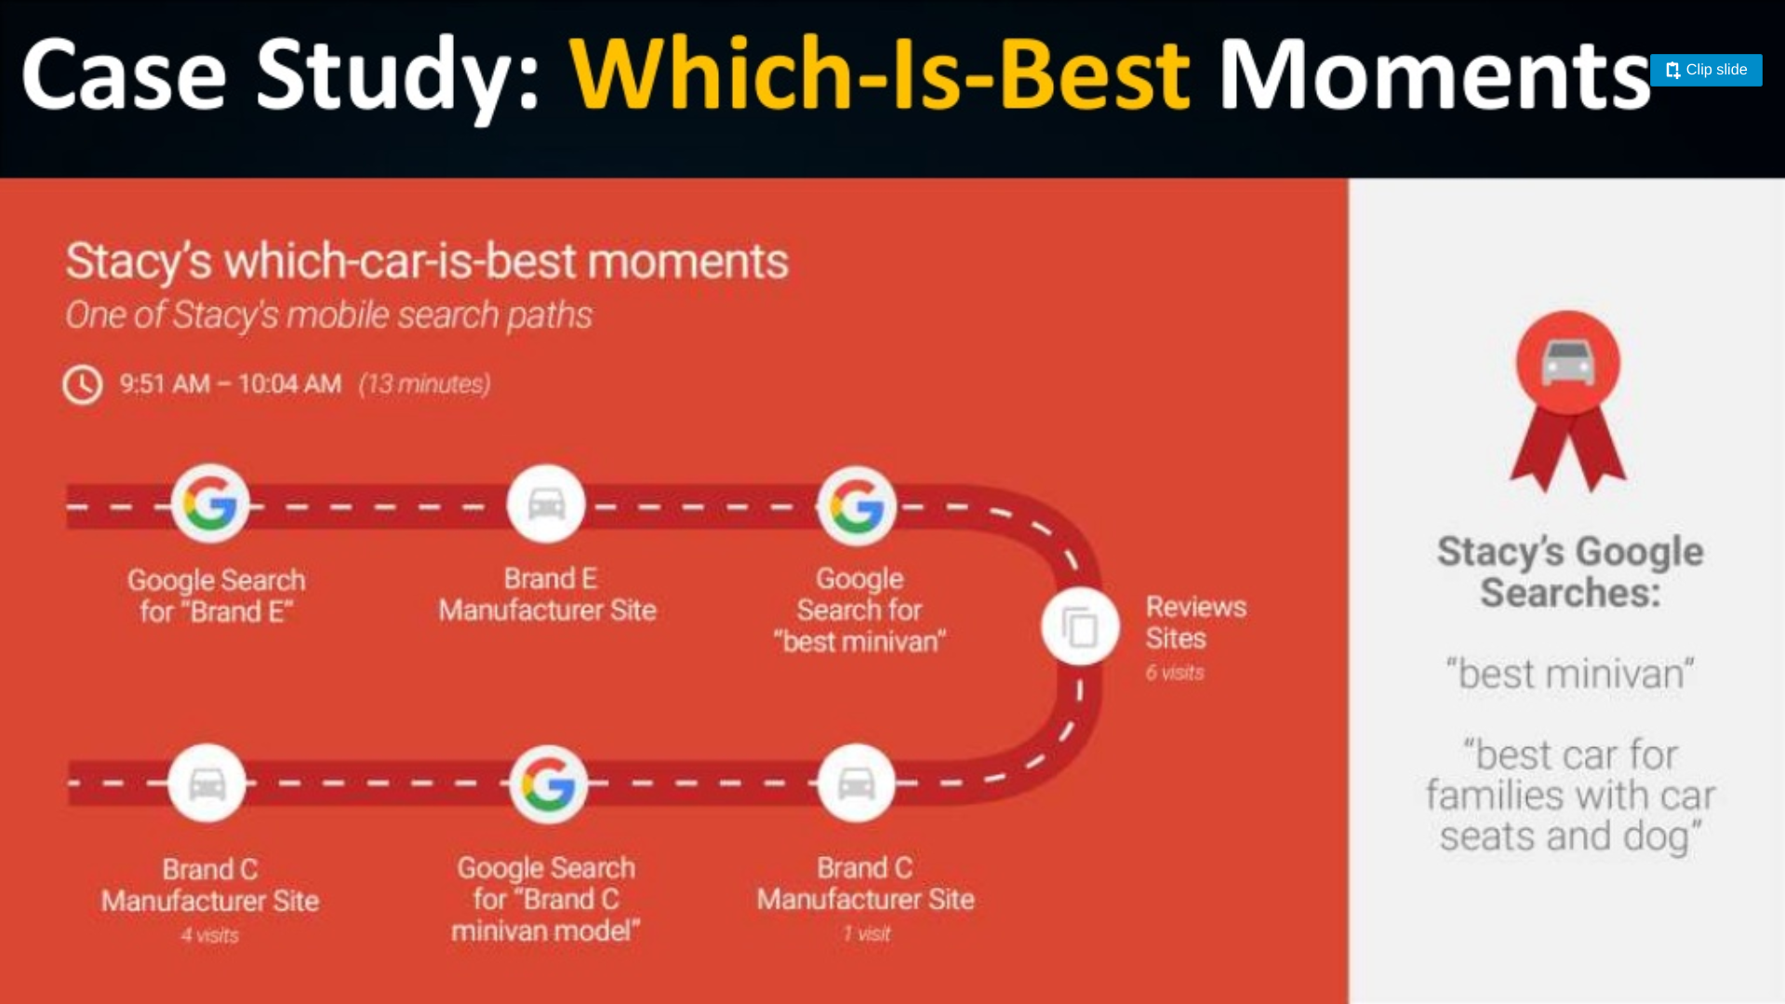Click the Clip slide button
[1705, 70]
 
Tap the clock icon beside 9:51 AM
[83, 384]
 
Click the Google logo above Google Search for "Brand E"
[210, 503]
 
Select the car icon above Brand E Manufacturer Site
[546, 503]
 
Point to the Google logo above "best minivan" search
[857, 506]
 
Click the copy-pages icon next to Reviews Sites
[1080, 626]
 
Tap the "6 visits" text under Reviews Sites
[1175, 673]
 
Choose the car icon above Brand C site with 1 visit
[856, 783]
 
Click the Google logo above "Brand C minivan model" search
[549, 784]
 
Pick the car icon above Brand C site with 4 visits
[207, 783]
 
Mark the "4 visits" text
[210, 935]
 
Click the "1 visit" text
[867, 933]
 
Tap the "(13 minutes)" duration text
[425, 384]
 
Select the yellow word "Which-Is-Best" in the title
[879, 74]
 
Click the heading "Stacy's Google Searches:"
[1570, 571]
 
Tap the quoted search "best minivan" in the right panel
[1570, 674]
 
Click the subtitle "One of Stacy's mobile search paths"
[328, 315]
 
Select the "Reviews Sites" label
[1196, 622]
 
